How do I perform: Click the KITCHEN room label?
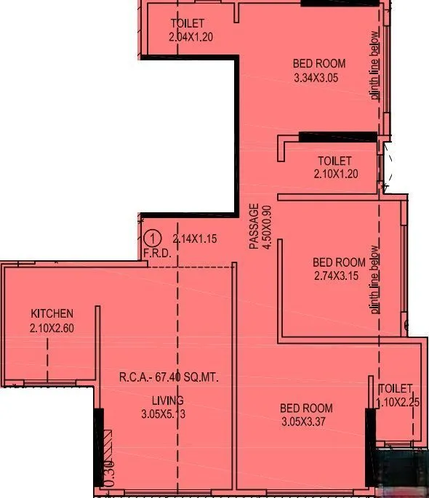[x=52, y=313]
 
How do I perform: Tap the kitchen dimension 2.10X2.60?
[x=52, y=327]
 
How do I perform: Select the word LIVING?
[x=167, y=401]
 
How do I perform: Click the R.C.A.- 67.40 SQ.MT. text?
[x=169, y=377]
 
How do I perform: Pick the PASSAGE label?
[x=254, y=227]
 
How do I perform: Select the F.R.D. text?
[x=156, y=254]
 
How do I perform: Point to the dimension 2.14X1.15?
[x=196, y=238]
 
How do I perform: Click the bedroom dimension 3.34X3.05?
[x=315, y=77]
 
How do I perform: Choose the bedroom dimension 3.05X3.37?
[x=307, y=422]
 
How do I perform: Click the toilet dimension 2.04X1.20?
[x=191, y=36]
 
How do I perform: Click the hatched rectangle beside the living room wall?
[x=108, y=443]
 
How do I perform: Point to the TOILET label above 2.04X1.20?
[x=187, y=23]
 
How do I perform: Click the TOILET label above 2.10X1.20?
[x=334, y=161]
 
